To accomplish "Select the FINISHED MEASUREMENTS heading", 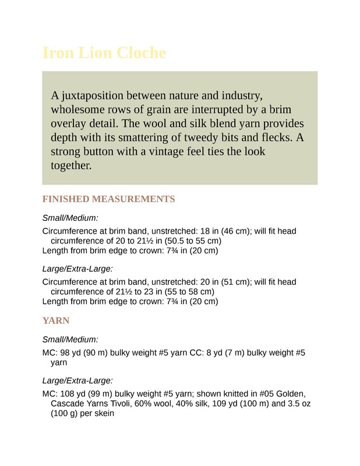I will coord(108,199).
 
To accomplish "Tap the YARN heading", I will coord(56,320).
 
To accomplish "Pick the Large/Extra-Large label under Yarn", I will coord(77,380).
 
